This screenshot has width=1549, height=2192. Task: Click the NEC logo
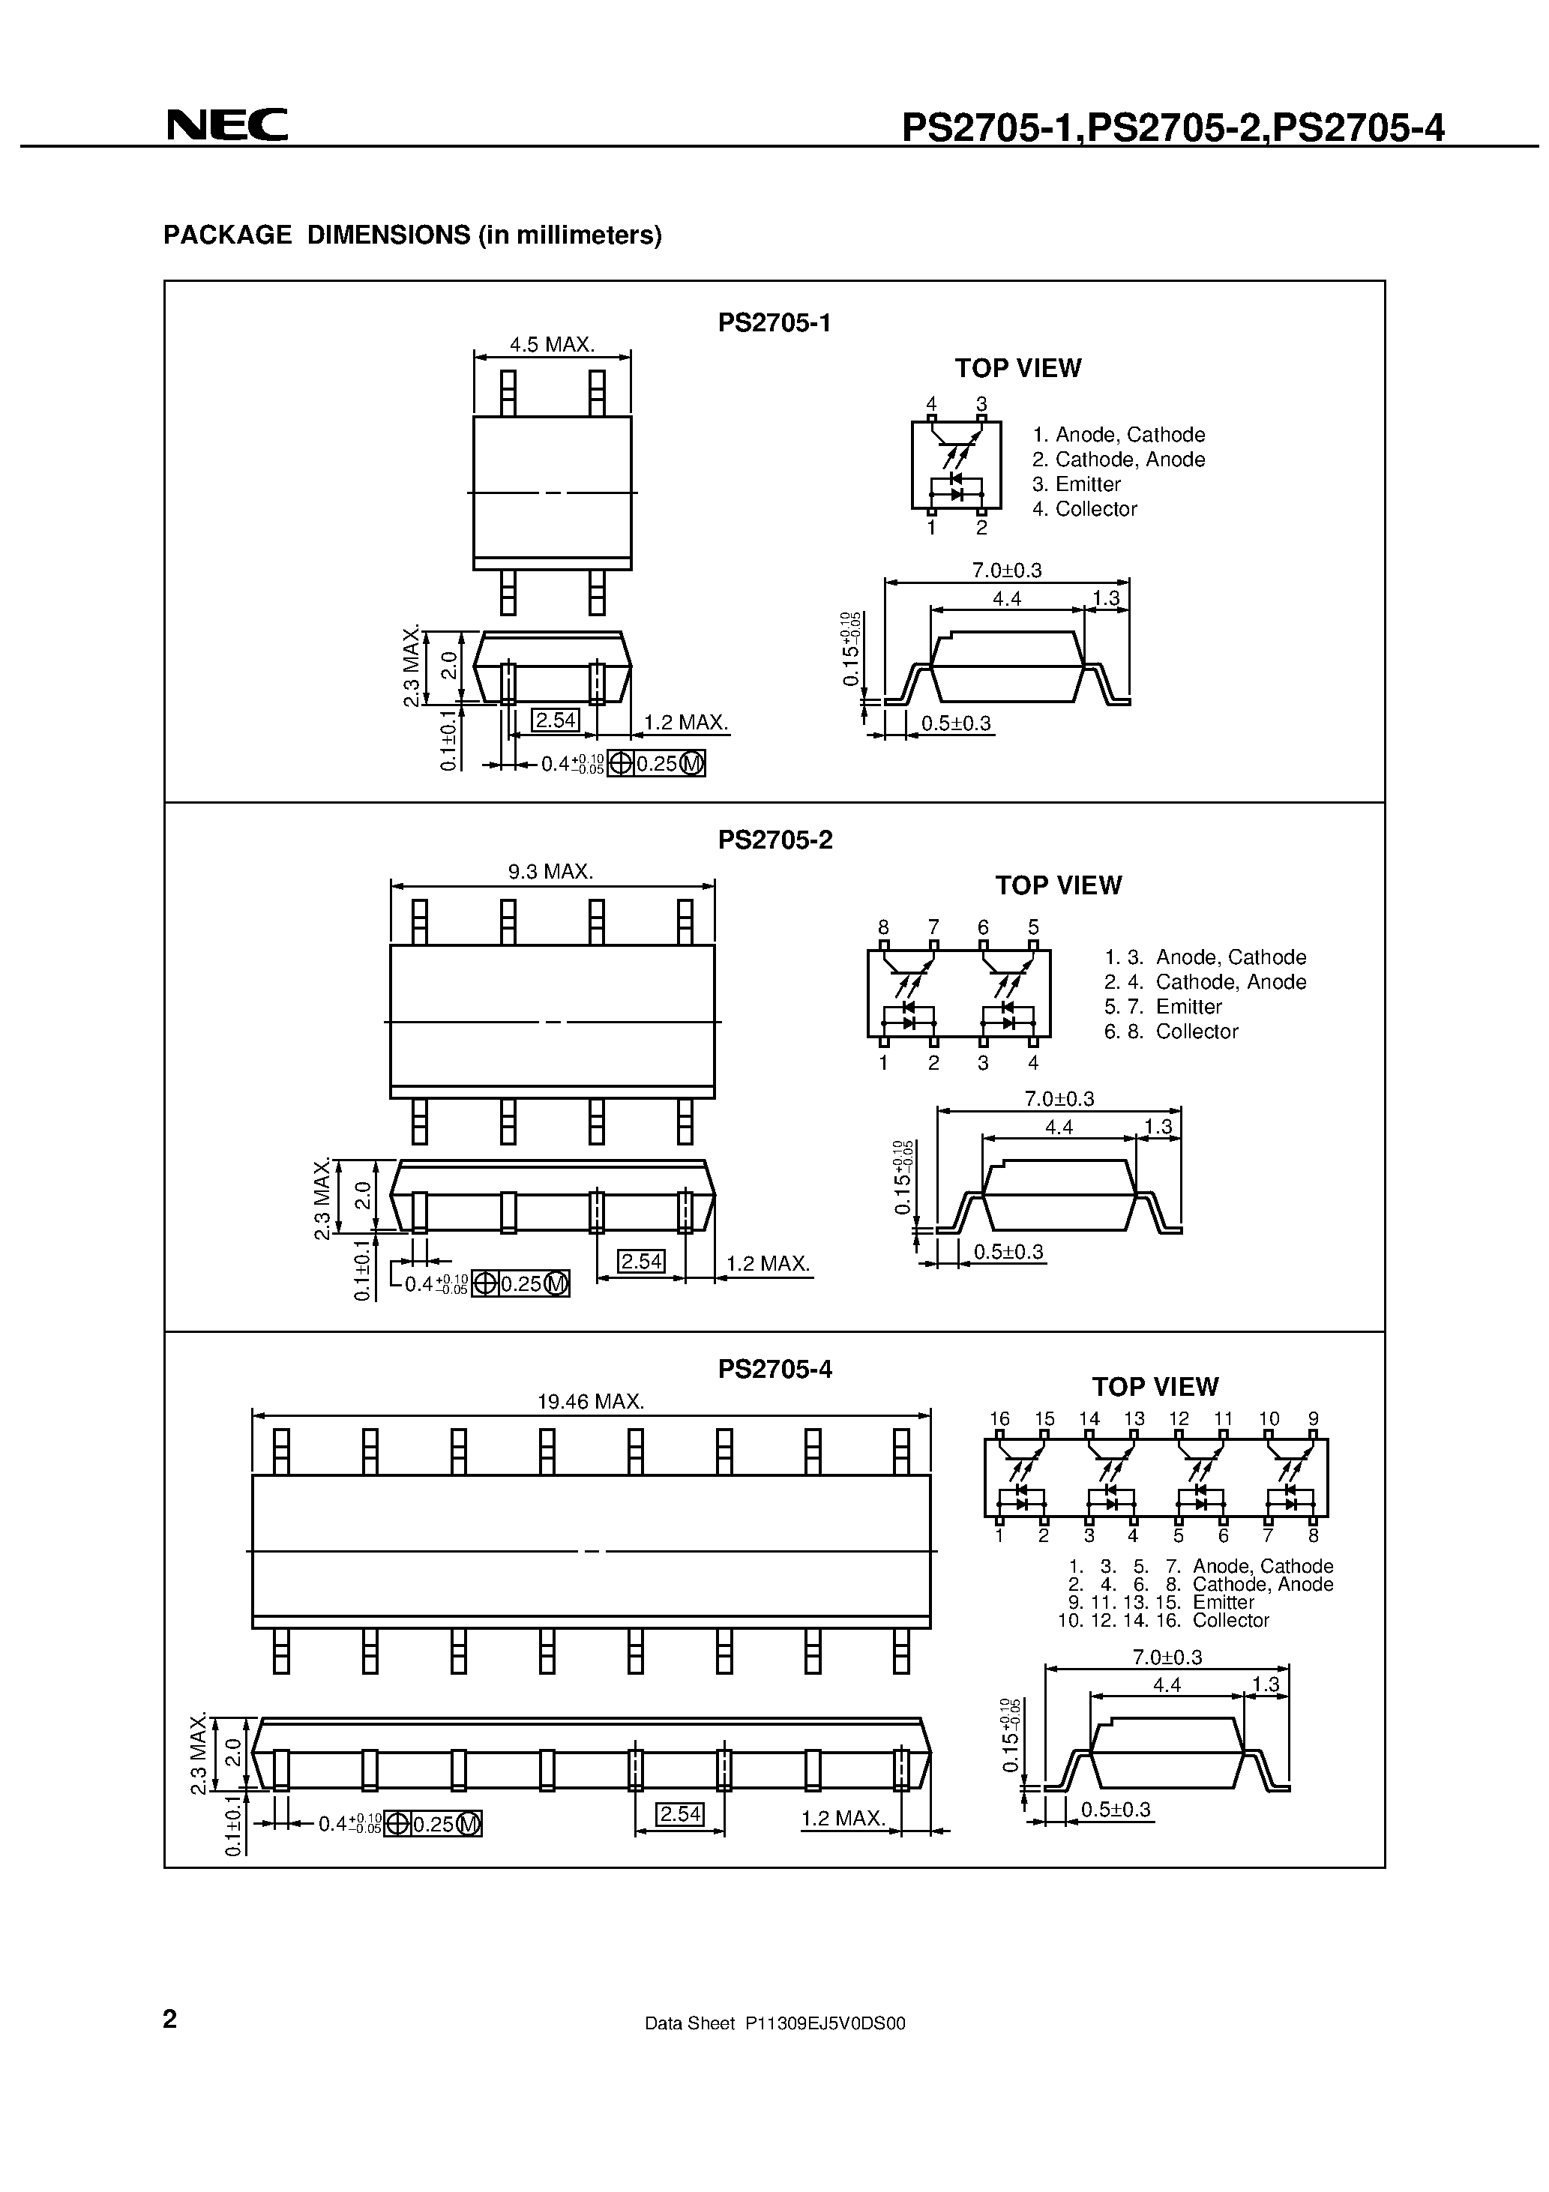(227, 125)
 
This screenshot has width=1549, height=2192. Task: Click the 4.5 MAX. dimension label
(551, 345)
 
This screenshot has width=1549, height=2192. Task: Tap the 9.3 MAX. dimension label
(550, 872)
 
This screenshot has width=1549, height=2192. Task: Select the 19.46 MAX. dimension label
(590, 1402)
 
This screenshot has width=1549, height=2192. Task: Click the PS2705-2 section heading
(774, 840)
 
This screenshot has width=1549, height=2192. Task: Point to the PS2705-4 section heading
(774, 1369)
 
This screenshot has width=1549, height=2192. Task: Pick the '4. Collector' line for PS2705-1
(1084, 509)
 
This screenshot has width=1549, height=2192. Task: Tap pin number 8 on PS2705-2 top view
(883, 927)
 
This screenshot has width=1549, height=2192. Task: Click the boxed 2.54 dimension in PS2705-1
(555, 720)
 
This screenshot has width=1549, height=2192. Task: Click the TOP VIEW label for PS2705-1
(1017, 369)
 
